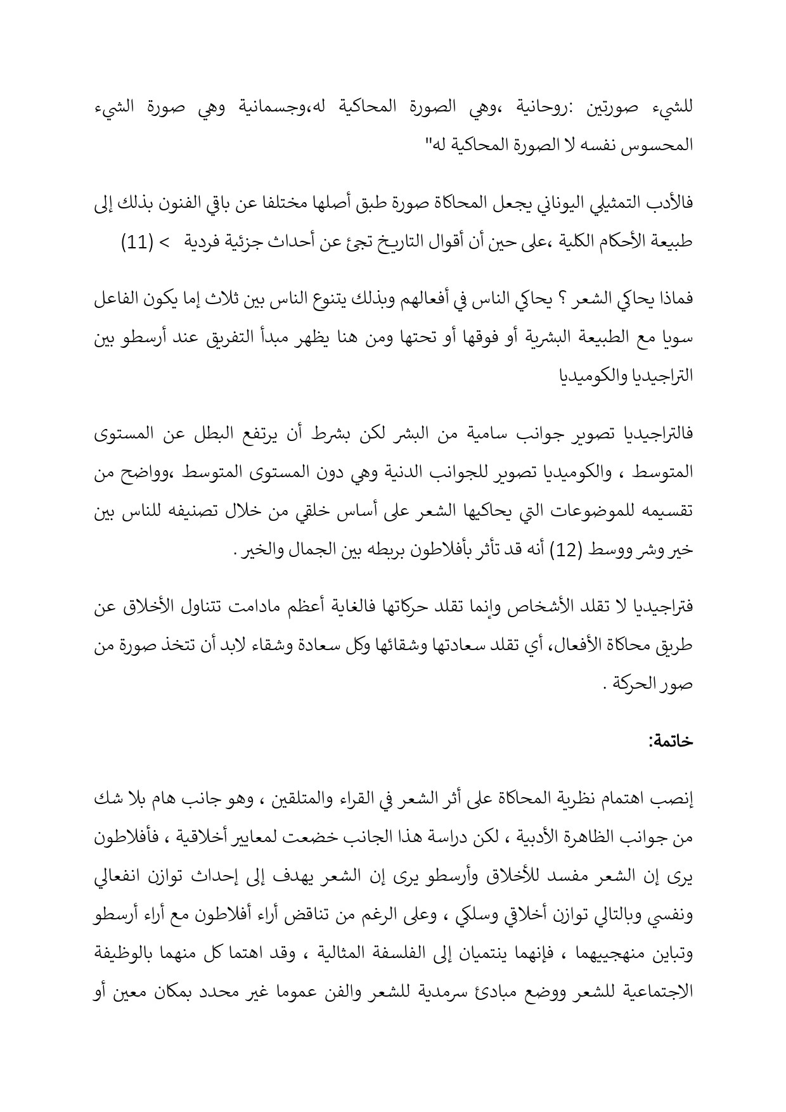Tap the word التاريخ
click(x=376, y=242)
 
